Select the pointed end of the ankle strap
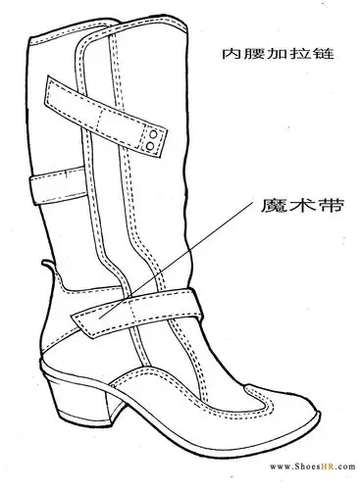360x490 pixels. point(80,317)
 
